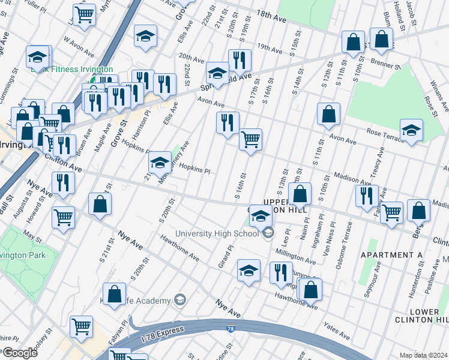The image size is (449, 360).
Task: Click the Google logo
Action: point(20,352)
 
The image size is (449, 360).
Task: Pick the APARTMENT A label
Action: point(391,255)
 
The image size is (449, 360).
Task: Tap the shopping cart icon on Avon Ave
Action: point(250,140)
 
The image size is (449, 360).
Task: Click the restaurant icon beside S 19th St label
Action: point(240,60)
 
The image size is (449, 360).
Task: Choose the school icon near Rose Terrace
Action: point(411,130)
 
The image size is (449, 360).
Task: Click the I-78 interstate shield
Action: point(231,329)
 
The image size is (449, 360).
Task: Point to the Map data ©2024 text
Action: point(423,355)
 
